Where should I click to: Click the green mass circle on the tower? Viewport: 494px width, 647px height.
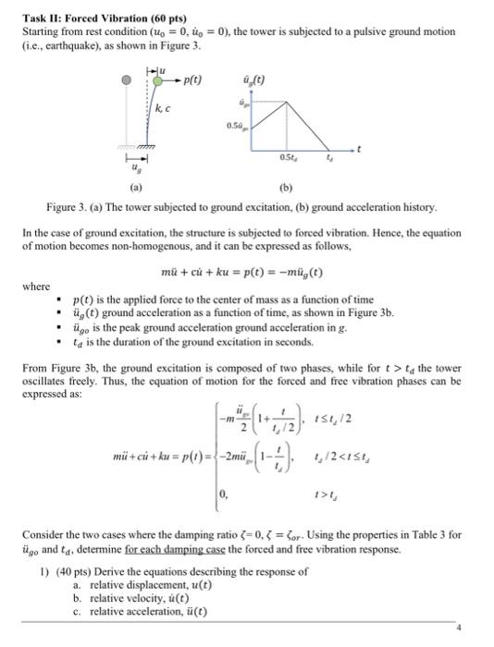(157, 80)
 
